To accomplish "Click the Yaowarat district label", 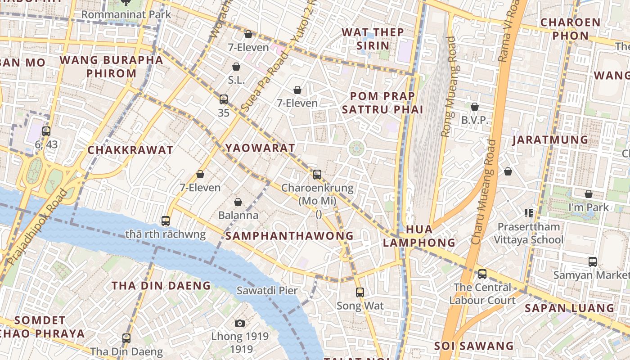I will coord(260,148).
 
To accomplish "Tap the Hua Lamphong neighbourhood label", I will coord(419,236).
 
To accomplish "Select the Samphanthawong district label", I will coord(289,236).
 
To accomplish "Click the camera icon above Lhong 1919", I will coord(240,323).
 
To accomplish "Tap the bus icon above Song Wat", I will coord(360,292).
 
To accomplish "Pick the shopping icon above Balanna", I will coord(238,202).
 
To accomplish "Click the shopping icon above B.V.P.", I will coord(474,107).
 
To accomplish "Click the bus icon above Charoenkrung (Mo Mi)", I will coord(317,174).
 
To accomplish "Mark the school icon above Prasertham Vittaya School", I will coord(528,213).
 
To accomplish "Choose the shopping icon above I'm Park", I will coord(588,194).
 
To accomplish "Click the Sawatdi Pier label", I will coord(267,291).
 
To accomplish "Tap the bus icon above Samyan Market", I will coord(593,261).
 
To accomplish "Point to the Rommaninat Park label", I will coord(126,14).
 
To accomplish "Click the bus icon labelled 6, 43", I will coord(46,131).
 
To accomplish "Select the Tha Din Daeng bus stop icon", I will coord(126,338).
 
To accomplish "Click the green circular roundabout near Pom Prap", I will coord(356,148).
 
